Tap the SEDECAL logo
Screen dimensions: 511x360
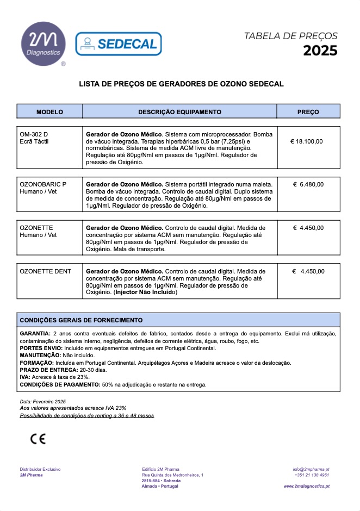[118, 43]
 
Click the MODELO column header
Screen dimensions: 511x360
[49, 112]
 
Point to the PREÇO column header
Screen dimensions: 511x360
[308, 112]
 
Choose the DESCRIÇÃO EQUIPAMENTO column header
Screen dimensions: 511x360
[179, 112]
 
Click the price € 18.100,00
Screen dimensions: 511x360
[307, 141]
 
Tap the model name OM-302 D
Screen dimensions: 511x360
[34, 134]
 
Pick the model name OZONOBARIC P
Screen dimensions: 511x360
[43, 184]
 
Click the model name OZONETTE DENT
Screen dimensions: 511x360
[45, 271]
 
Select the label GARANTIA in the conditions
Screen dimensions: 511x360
[35, 333]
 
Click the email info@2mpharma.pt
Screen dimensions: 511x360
[311, 469]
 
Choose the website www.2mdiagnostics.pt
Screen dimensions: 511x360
[306, 486]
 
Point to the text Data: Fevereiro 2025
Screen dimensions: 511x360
[43, 401]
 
